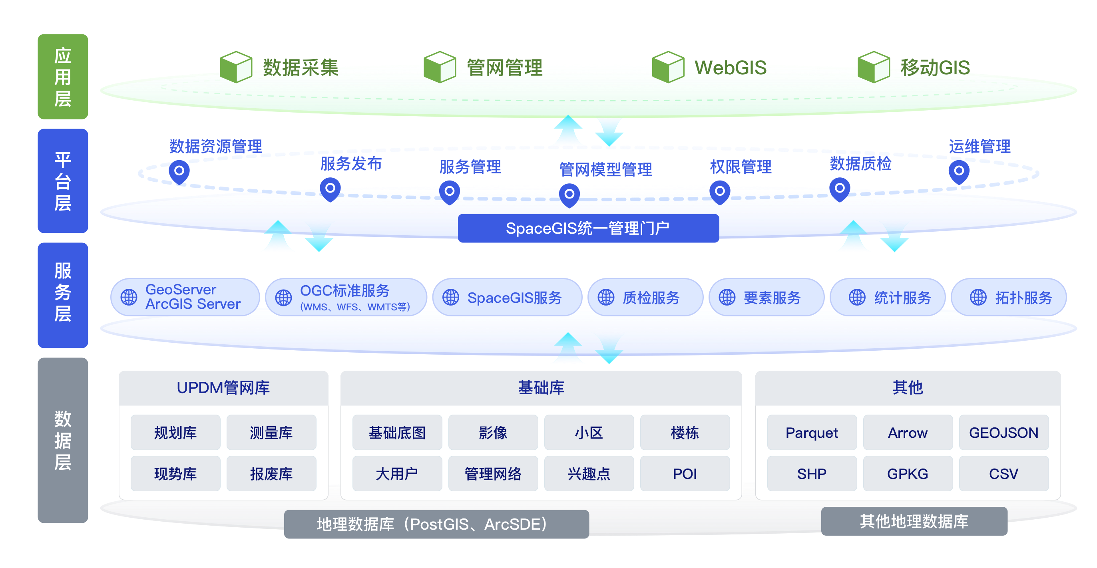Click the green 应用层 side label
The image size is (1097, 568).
coord(63,77)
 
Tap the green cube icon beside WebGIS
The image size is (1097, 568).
coord(668,67)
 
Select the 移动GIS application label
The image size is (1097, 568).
coord(935,67)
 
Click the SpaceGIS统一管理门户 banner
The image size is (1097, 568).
coord(588,228)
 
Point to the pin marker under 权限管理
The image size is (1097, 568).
coord(720,192)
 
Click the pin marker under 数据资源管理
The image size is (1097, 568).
coord(179,171)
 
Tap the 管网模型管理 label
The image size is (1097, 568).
coord(605,169)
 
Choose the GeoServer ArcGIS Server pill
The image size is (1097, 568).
coord(185,297)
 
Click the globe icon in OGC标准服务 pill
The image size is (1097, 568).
coord(283,298)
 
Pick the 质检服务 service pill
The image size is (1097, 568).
coord(645,297)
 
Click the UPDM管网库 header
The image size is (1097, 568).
coord(223,387)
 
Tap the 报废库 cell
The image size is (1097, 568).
coord(271,473)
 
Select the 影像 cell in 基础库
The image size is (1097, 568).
coord(493,433)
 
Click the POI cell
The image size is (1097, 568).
coord(684,473)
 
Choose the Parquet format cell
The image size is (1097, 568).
coord(811,433)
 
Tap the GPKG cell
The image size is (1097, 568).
coord(908,473)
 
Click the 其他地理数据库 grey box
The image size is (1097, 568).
coord(914,521)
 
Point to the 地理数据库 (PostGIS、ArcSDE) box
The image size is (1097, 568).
coord(436,524)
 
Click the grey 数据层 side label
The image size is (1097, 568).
coord(63,440)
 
